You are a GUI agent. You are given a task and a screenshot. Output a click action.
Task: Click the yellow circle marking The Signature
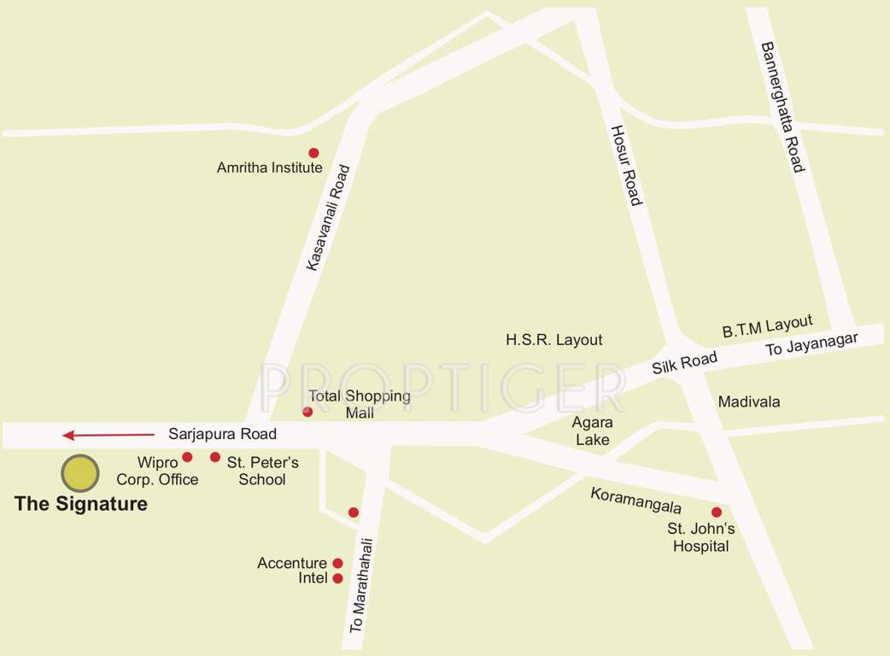click(x=79, y=472)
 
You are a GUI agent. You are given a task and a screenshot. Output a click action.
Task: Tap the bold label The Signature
click(x=81, y=504)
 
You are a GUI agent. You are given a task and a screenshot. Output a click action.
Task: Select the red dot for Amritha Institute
click(x=313, y=152)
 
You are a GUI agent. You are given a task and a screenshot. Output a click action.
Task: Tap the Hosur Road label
click(x=624, y=165)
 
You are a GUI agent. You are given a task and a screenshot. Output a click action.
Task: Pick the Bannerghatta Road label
click(x=783, y=107)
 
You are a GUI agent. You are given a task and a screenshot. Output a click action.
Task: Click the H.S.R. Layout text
click(x=553, y=340)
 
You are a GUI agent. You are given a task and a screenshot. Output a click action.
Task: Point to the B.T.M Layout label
click(x=767, y=326)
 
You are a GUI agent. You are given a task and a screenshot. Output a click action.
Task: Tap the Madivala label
click(x=749, y=401)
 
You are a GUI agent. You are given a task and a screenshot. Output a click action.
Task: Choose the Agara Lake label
click(x=593, y=430)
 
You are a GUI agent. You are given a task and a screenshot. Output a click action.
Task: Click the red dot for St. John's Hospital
click(x=717, y=512)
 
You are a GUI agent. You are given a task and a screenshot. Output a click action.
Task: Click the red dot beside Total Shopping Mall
click(x=307, y=412)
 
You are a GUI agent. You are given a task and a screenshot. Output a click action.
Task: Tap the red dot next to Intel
click(x=337, y=578)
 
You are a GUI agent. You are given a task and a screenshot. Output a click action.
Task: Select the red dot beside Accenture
click(x=337, y=563)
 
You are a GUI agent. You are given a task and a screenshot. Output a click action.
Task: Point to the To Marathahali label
click(x=363, y=585)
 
